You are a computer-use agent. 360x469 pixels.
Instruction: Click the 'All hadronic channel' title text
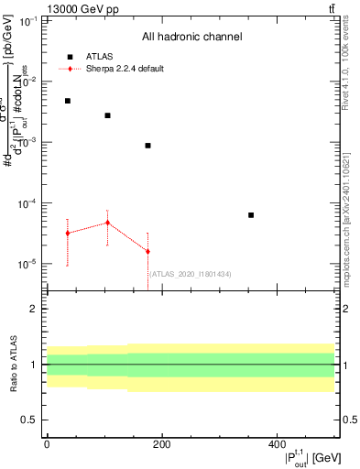pos(191,38)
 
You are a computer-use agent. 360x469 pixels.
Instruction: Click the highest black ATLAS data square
pos(68,101)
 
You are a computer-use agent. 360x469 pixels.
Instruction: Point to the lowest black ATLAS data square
pos(251,215)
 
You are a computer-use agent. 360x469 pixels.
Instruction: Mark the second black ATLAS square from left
pos(108,115)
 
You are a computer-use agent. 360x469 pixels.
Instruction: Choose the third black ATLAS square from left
pos(147,146)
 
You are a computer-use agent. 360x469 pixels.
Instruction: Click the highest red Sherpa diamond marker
pos(108,223)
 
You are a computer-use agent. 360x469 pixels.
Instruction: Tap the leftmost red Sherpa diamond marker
pos(68,234)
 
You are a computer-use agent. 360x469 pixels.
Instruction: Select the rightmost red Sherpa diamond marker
pos(147,252)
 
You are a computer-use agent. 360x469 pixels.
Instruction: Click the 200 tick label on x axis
pos(161,444)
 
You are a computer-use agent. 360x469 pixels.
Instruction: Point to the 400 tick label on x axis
pos(277,444)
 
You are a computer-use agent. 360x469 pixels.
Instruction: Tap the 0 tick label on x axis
pos(47,444)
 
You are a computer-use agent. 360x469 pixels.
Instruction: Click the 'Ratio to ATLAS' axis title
pos(14,364)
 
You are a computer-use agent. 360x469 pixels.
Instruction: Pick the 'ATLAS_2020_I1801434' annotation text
pos(191,274)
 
